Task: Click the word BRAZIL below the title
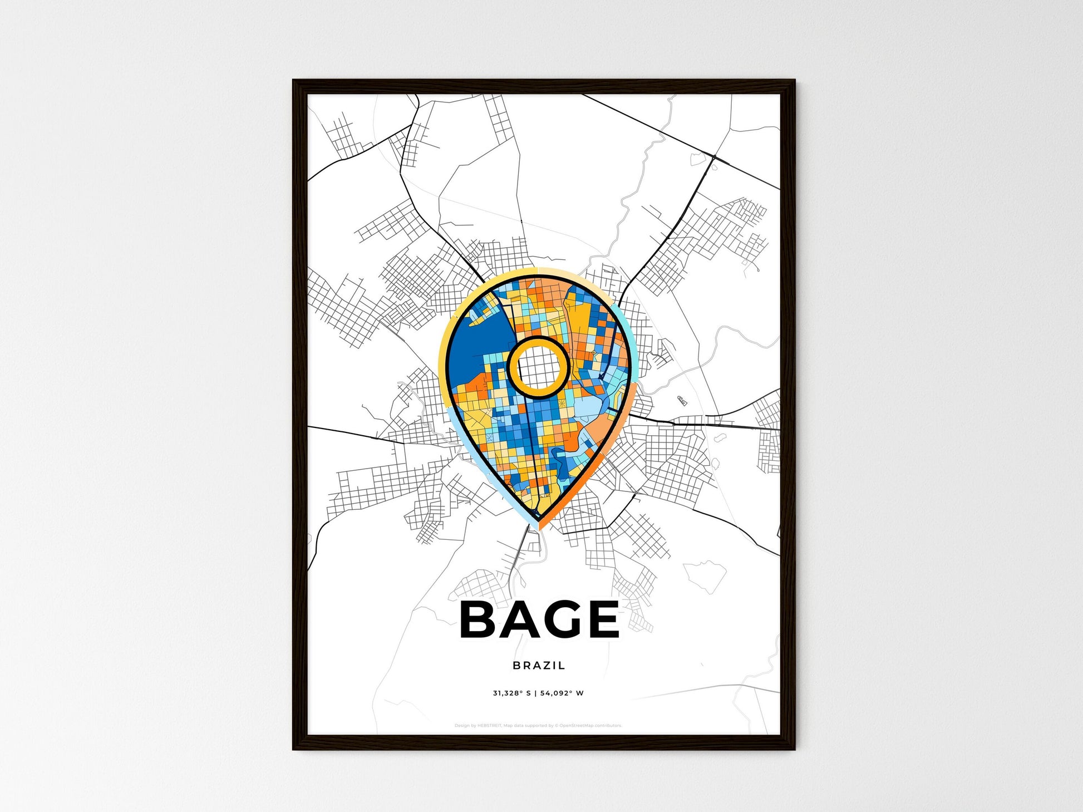(539, 665)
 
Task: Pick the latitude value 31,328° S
(511, 693)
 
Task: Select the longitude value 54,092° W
(562, 693)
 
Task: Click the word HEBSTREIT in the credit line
(489, 726)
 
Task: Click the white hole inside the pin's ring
(538, 367)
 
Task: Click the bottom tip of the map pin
(538, 526)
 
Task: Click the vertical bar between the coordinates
(535, 693)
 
